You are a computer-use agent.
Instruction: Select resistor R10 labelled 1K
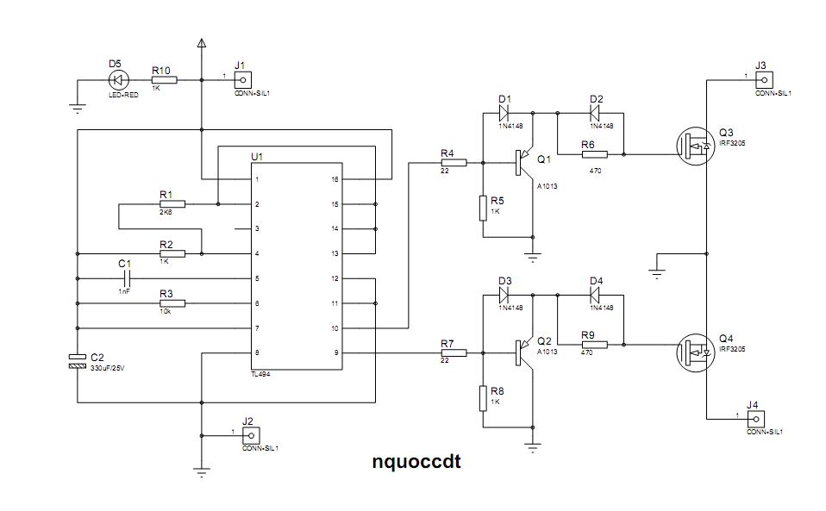[164, 80]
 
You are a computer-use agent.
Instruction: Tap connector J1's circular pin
[242, 80]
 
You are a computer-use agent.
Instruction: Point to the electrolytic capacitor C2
[78, 360]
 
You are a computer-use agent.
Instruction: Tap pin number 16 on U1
[335, 179]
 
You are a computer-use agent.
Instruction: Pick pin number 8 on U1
[255, 352]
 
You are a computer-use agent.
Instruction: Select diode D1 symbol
[505, 111]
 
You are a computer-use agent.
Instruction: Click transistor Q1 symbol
[524, 161]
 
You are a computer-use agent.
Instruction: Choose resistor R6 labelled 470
[594, 154]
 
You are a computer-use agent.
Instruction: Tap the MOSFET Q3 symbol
[693, 147]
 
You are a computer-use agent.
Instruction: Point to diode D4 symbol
[596, 295]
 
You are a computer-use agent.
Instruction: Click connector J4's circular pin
[760, 418]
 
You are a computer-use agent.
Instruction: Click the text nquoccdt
[416, 462]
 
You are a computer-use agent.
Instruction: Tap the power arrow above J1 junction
[202, 43]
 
